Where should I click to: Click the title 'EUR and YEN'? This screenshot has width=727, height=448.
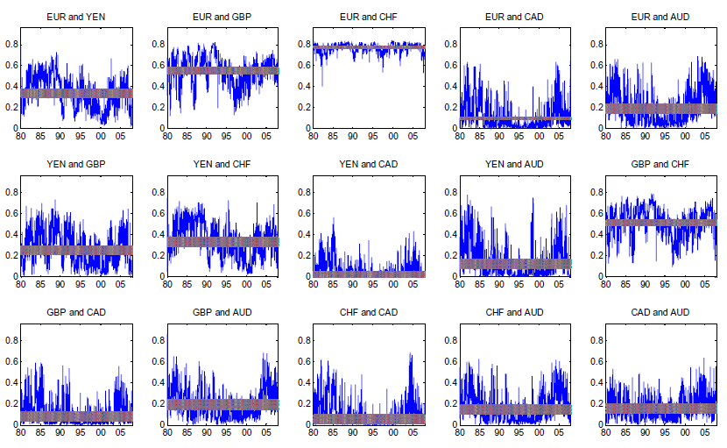click(76, 17)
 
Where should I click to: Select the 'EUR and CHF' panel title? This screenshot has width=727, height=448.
click(368, 17)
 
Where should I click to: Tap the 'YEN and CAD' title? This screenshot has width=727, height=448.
click(368, 164)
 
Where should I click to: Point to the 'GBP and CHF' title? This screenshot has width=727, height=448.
click(661, 164)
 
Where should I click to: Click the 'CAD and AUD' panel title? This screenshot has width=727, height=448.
click(661, 312)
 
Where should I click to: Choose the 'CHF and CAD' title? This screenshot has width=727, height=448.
click(368, 312)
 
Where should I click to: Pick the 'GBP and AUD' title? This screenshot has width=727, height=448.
click(222, 312)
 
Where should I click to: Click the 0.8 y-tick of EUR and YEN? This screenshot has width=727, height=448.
click(11, 44)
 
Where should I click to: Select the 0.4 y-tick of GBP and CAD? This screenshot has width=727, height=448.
click(11, 382)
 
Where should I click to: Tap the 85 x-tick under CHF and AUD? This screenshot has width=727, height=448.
click(479, 431)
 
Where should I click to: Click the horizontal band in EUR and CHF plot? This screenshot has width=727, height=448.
click(368, 46)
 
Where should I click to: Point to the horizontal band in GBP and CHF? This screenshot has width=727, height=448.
click(661, 223)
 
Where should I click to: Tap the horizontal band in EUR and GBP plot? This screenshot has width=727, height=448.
click(222, 69)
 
